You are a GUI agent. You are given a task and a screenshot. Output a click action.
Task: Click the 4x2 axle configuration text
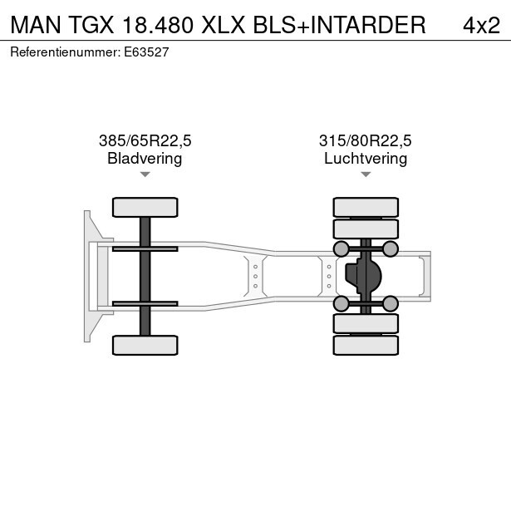(481, 25)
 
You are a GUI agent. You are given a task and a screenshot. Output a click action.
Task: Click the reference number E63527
(146, 52)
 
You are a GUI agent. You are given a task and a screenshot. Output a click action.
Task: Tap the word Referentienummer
(66, 52)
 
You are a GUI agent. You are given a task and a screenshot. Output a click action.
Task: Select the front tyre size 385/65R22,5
(145, 140)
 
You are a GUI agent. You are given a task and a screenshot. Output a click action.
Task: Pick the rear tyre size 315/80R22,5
(366, 140)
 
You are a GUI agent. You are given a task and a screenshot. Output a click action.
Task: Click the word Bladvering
(145, 159)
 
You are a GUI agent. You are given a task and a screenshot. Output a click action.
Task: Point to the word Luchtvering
(366, 159)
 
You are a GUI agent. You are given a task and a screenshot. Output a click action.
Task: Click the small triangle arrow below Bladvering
(145, 174)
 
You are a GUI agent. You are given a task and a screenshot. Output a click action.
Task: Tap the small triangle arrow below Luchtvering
(366, 174)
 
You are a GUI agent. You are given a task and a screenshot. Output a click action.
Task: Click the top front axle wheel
(145, 207)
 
